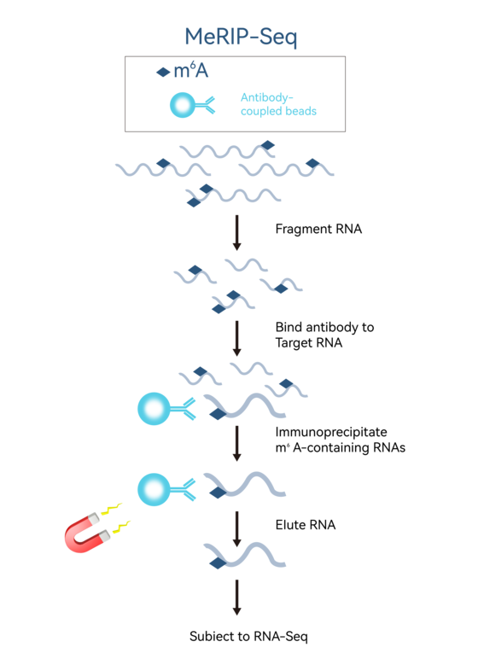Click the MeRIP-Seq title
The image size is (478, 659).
tap(241, 37)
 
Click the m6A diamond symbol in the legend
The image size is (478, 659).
tap(163, 73)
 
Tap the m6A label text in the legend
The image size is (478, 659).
tap(191, 70)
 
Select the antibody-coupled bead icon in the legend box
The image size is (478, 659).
tap(192, 105)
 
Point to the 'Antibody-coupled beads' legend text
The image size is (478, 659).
tap(278, 104)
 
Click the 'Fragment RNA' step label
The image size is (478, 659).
tap(318, 229)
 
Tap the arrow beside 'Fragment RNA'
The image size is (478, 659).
tap(237, 232)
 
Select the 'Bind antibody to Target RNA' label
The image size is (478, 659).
tap(324, 335)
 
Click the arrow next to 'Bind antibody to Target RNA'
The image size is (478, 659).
tap(237, 338)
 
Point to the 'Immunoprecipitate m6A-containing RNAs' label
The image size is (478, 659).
tap(340, 440)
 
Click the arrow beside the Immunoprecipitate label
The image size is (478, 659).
tap(237, 443)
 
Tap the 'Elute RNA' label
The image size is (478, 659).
tap(306, 525)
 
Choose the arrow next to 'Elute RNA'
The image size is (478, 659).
tap(237, 528)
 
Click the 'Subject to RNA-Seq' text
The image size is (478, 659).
tap(248, 636)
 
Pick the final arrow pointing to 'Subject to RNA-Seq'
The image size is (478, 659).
tap(237, 598)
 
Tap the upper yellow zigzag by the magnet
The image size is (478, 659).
tap(112, 509)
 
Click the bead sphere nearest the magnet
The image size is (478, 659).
tap(154, 489)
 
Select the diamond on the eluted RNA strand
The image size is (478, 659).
tap(218, 563)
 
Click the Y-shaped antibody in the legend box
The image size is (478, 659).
tap(205, 105)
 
